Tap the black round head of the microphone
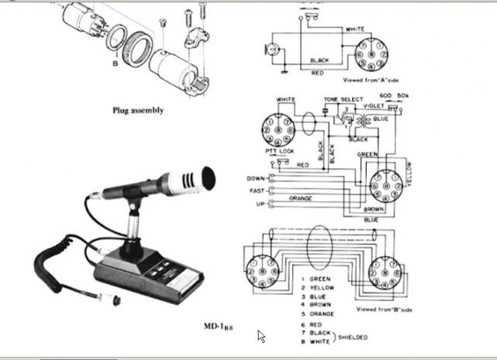207,178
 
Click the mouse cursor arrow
261,336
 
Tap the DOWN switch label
256,178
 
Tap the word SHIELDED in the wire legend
353,337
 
